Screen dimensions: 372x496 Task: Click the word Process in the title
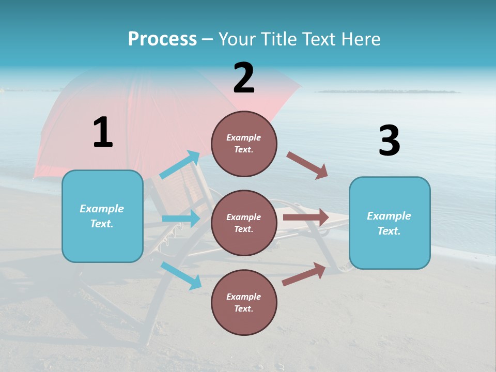coord(162,39)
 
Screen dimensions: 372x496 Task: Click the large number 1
coord(103,132)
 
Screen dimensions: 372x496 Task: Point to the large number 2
coord(244,78)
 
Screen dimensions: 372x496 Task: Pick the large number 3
coord(389,141)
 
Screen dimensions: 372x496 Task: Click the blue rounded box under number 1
coord(102,216)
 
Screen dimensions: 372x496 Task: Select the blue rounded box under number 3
coord(390,223)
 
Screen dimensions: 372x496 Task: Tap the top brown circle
coord(244,144)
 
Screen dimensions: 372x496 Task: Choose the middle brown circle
coord(244,223)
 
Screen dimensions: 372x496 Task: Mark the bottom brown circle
coord(244,302)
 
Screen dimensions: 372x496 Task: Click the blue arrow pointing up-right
coord(180,165)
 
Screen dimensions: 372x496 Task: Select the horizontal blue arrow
coord(181,219)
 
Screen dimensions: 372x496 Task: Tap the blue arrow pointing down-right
coord(181,275)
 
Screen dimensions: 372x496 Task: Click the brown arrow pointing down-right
coord(307,165)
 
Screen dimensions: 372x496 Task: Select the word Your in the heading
coord(236,39)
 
